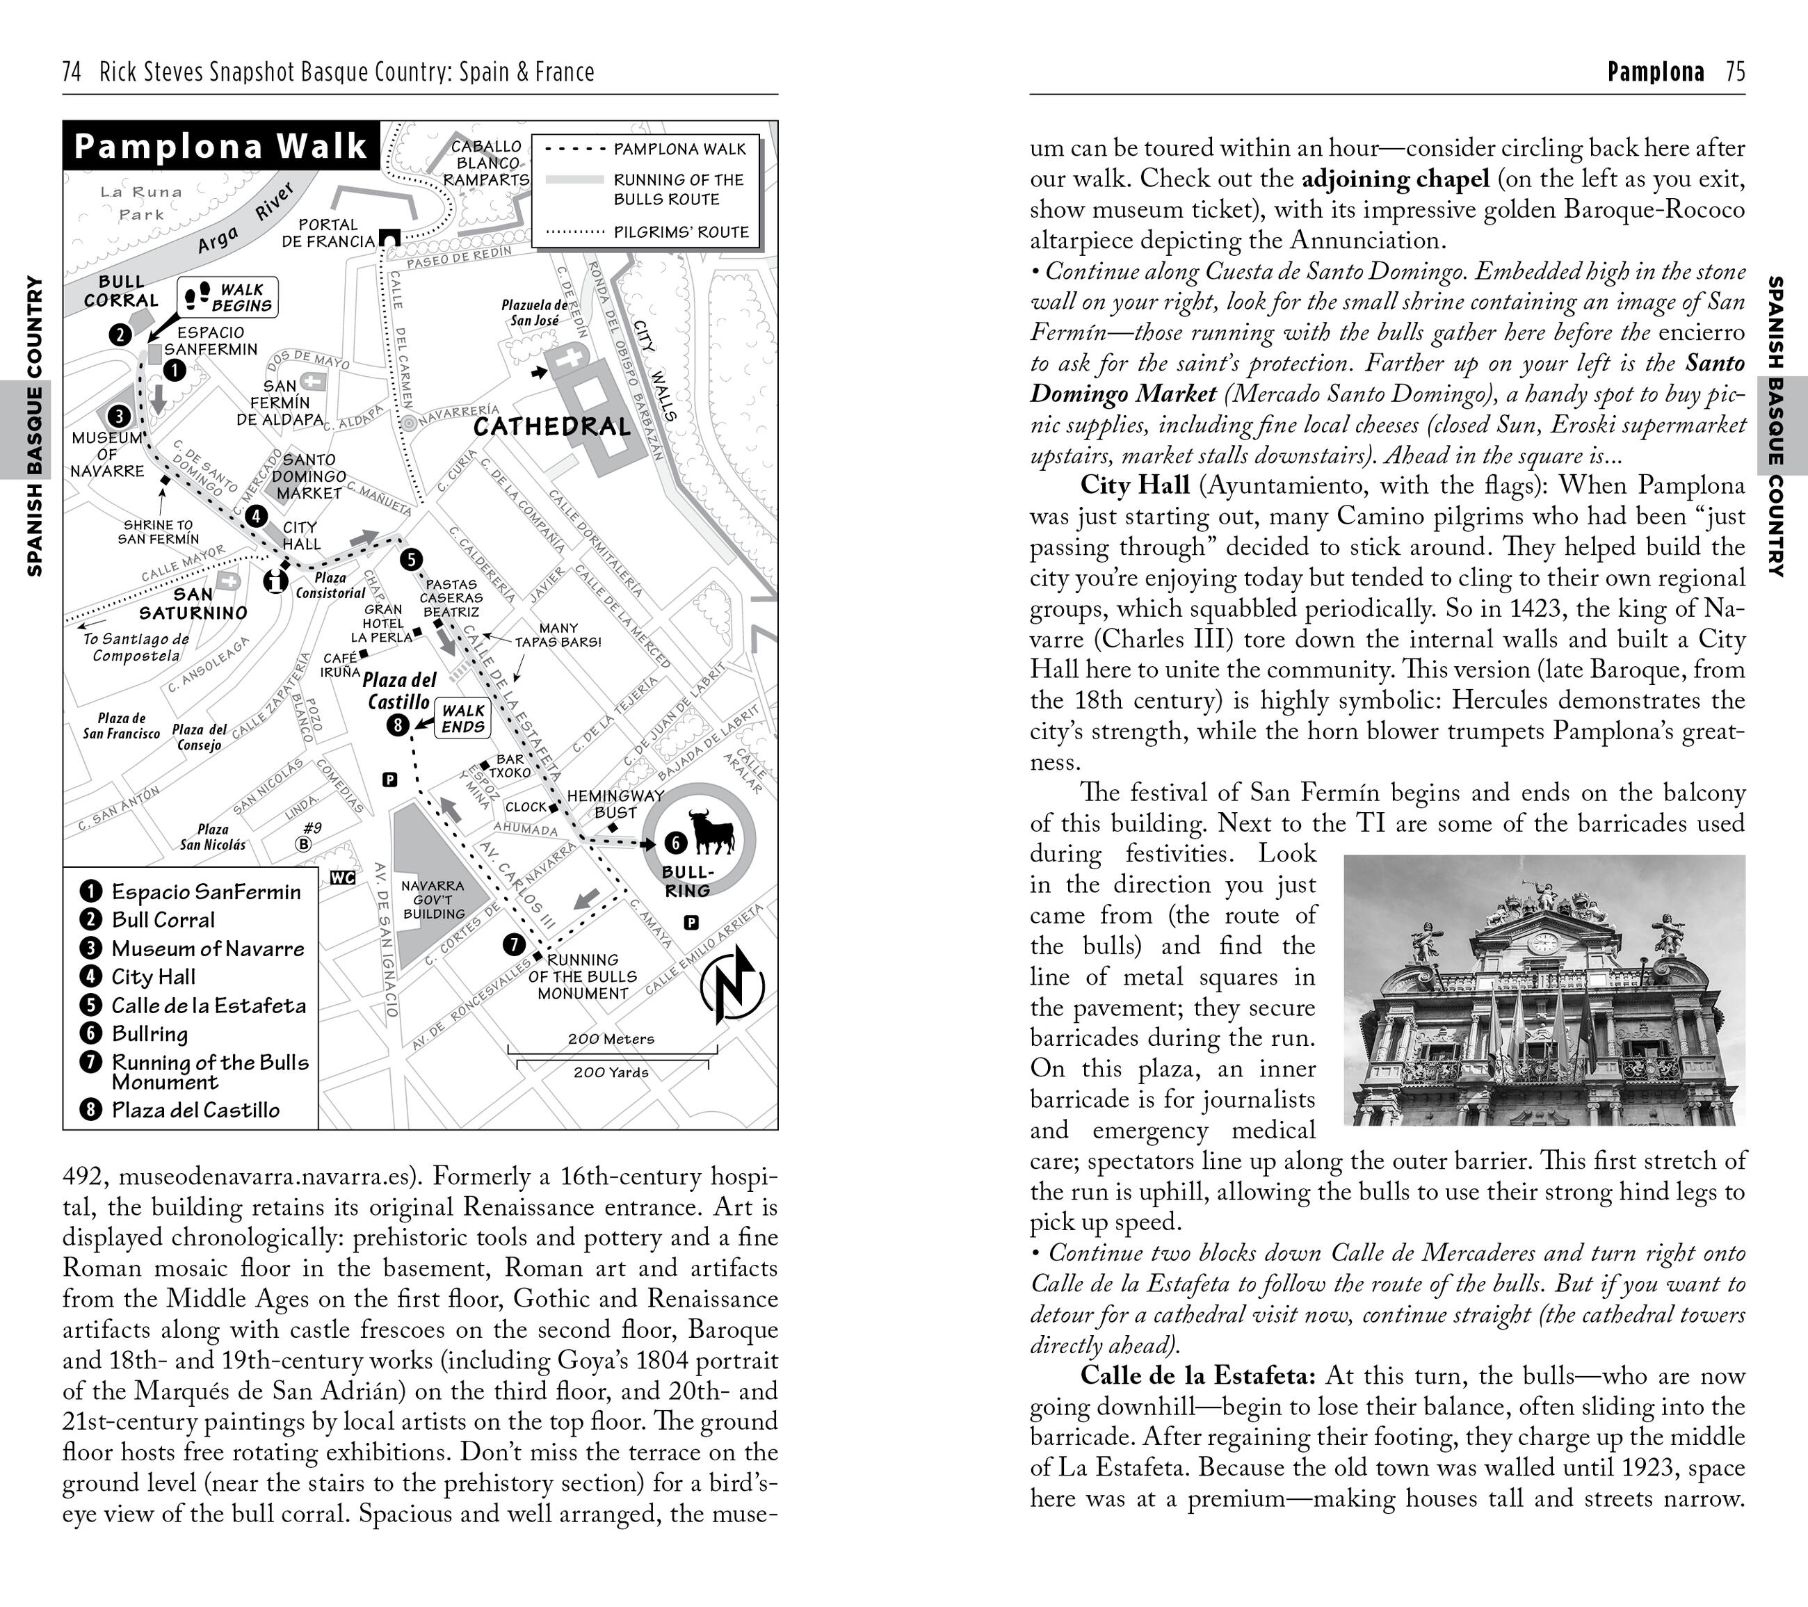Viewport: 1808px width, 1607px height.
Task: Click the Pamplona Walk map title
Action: click(x=220, y=146)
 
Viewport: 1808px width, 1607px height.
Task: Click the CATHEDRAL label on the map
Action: click(x=552, y=427)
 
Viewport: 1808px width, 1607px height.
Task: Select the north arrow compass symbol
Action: click(x=732, y=985)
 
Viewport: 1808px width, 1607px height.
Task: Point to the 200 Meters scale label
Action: click(x=611, y=1039)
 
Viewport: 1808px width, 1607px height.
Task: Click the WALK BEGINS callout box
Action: click(x=228, y=297)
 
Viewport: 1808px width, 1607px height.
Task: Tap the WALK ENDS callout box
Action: click(x=462, y=718)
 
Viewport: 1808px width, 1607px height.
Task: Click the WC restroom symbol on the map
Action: click(x=342, y=878)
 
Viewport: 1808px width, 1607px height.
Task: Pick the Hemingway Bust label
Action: click(x=615, y=804)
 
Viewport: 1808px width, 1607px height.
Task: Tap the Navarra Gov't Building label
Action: click(x=433, y=899)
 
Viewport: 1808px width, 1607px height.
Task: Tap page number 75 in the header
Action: click(x=1736, y=72)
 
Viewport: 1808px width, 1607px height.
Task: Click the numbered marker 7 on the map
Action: click(x=514, y=944)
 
